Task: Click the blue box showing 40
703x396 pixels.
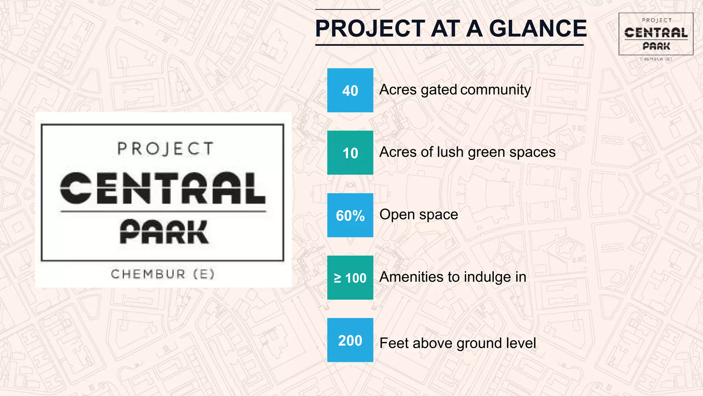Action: click(x=350, y=90)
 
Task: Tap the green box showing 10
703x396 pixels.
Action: click(x=350, y=153)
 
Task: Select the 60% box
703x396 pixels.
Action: click(x=350, y=215)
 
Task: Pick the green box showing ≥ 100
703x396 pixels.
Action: click(x=350, y=278)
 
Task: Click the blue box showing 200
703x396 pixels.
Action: click(x=350, y=340)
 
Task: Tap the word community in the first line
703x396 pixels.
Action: click(x=495, y=90)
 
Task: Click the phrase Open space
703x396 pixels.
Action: click(x=418, y=214)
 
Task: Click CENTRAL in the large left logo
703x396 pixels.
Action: click(x=163, y=188)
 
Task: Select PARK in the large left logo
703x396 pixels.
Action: click(x=164, y=232)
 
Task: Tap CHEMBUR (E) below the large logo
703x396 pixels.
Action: click(x=163, y=274)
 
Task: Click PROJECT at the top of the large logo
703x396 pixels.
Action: click(x=165, y=149)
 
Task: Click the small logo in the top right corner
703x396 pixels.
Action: click(x=656, y=34)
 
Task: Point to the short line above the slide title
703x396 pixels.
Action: click(x=347, y=9)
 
